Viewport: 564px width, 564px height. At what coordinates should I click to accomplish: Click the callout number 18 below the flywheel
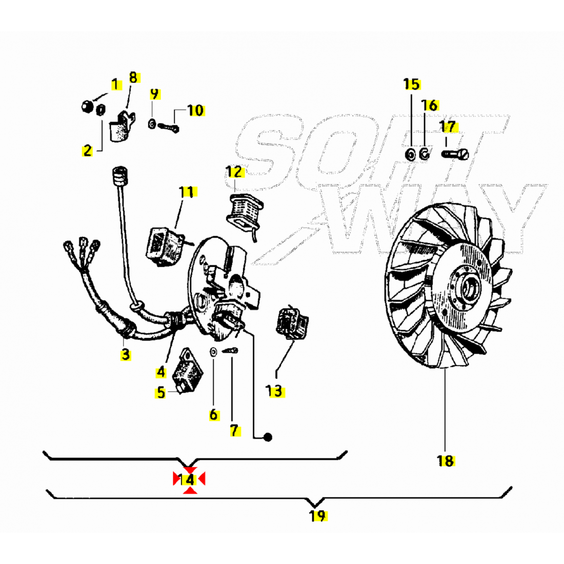tap(445, 461)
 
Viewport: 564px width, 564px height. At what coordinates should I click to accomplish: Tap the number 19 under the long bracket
tap(318, 516)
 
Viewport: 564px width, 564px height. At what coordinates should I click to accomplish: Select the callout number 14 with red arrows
tap(189, 480)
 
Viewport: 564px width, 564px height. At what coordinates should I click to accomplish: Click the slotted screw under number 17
tap(455, 154)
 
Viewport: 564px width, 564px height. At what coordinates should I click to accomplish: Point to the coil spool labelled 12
tap(244, 213)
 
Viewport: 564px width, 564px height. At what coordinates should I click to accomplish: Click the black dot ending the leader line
tap(268, 437)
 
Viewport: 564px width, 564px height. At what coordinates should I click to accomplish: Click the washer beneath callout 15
tap(410, 155)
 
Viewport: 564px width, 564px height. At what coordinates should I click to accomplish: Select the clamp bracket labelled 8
tap(122, 126)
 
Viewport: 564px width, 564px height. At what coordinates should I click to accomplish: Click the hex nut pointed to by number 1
tap(87, 107)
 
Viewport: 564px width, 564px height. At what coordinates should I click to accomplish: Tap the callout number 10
tap(196, 110)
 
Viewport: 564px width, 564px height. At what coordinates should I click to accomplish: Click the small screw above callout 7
tap(231, 350)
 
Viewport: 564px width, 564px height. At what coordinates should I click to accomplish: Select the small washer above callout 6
tap(213, 352)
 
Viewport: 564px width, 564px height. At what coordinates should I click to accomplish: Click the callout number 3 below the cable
tap(125, 354)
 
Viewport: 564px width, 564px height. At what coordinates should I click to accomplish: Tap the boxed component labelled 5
tap(187, 370)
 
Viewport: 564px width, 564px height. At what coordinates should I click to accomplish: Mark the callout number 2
tap(87, 151)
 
